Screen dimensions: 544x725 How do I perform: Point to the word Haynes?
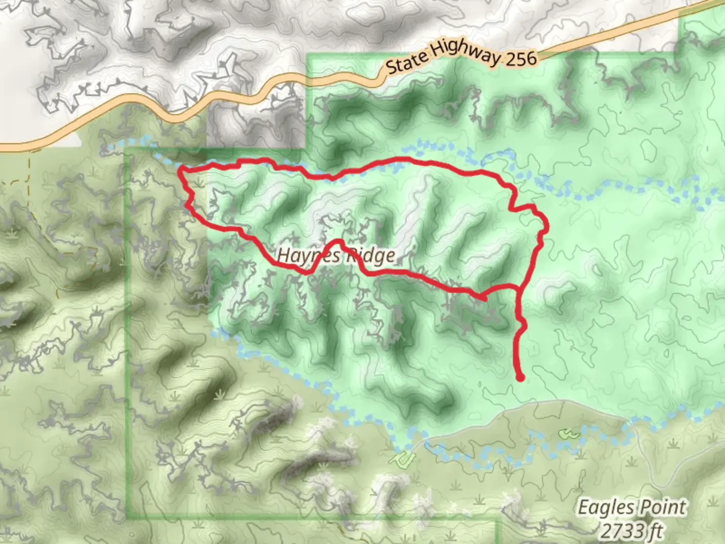click(302, 256)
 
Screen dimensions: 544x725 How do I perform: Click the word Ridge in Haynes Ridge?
click(370, 256)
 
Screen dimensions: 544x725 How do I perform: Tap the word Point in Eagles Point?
click(664, 507)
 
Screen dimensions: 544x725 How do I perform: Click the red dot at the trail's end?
click(520, 377)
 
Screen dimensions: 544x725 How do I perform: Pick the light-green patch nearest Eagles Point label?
click(567, 432)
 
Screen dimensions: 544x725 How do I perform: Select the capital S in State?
click(393, 67)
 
